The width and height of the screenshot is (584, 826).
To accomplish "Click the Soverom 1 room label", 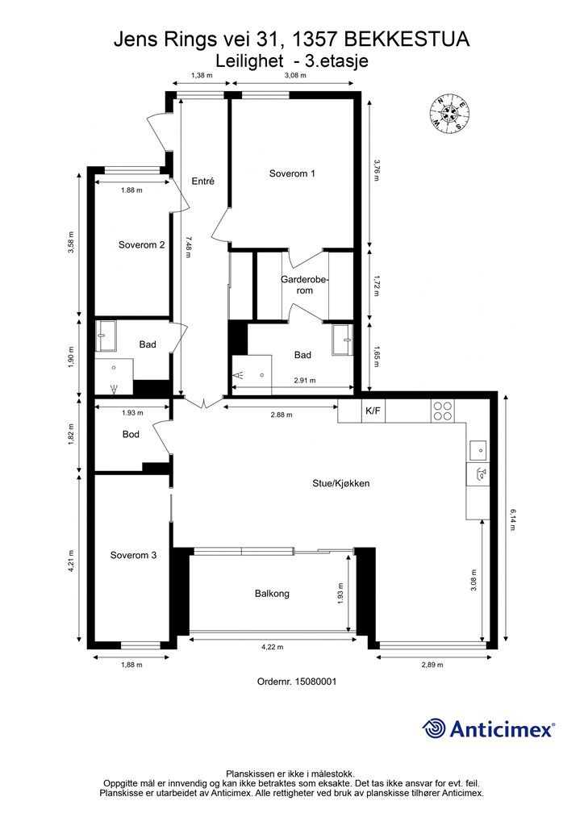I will tap(292, 173).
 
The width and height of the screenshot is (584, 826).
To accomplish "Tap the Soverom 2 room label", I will tap(142, 244).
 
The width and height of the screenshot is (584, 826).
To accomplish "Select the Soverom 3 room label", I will tap(134, 555).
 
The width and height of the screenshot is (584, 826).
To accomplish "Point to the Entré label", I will tap(202, 181).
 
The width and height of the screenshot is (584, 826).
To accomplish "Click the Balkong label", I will tap(272, 594).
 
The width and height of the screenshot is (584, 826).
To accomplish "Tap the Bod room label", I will tap(131, 434).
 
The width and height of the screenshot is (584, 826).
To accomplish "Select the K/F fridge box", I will tap(373, 411).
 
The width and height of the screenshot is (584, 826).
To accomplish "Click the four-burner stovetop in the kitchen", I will tap(442, 411).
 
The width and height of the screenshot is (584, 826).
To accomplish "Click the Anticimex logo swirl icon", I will tap(435, 728).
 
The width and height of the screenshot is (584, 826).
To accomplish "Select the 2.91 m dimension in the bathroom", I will tap(303, 381).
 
